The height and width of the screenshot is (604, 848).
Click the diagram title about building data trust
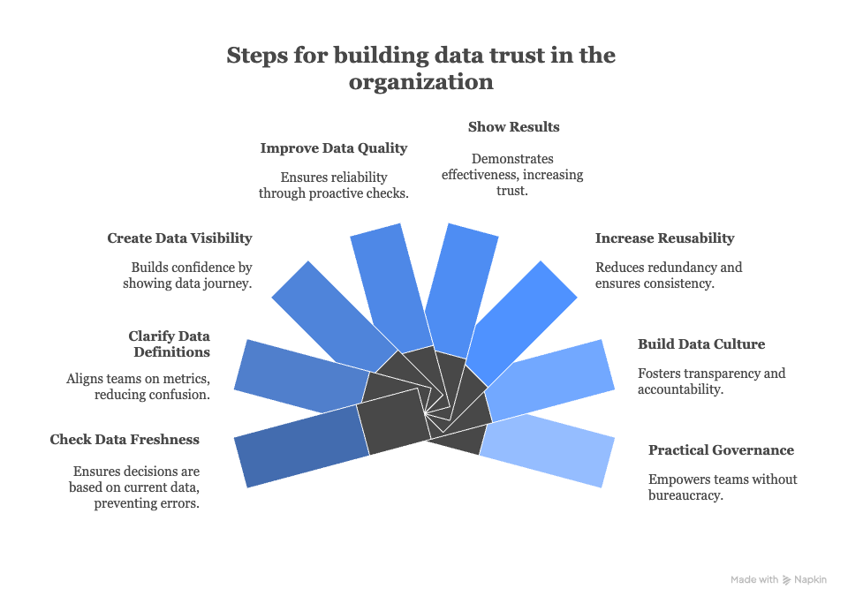pyautogui.click(x=421, y=68)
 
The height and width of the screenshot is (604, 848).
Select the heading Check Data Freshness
pyautogui.click(x=125, y=440)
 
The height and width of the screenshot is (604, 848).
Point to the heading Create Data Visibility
pyautogui.click(x=179, y=238)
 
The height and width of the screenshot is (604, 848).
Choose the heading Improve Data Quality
pyautogui.click(x=334, y=148)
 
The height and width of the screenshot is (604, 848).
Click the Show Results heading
pyautogui.click(x=513, y=127)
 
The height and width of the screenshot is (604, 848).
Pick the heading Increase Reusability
pyautogui.click(x=664, y=238)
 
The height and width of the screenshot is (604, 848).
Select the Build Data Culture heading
pyautogui.click(x=701, y=344)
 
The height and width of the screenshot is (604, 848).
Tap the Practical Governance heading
pyautogui.click(x=721, y=450)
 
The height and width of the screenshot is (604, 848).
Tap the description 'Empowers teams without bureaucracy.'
pyautogui.click(x=723, y=487)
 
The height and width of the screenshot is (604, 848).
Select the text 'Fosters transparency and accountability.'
pyautogui.click(x=711, y=381)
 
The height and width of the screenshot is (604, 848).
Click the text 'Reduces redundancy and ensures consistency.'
pyautogui.click(x=669, y=276)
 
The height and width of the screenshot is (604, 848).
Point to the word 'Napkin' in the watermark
pyautogui.click(x=810, y=580)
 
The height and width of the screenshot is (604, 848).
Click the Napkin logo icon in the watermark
pyautogui.click(x=787, y=580)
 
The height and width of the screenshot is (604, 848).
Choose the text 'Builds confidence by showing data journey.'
pyautogui.click(x=186, y=276)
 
